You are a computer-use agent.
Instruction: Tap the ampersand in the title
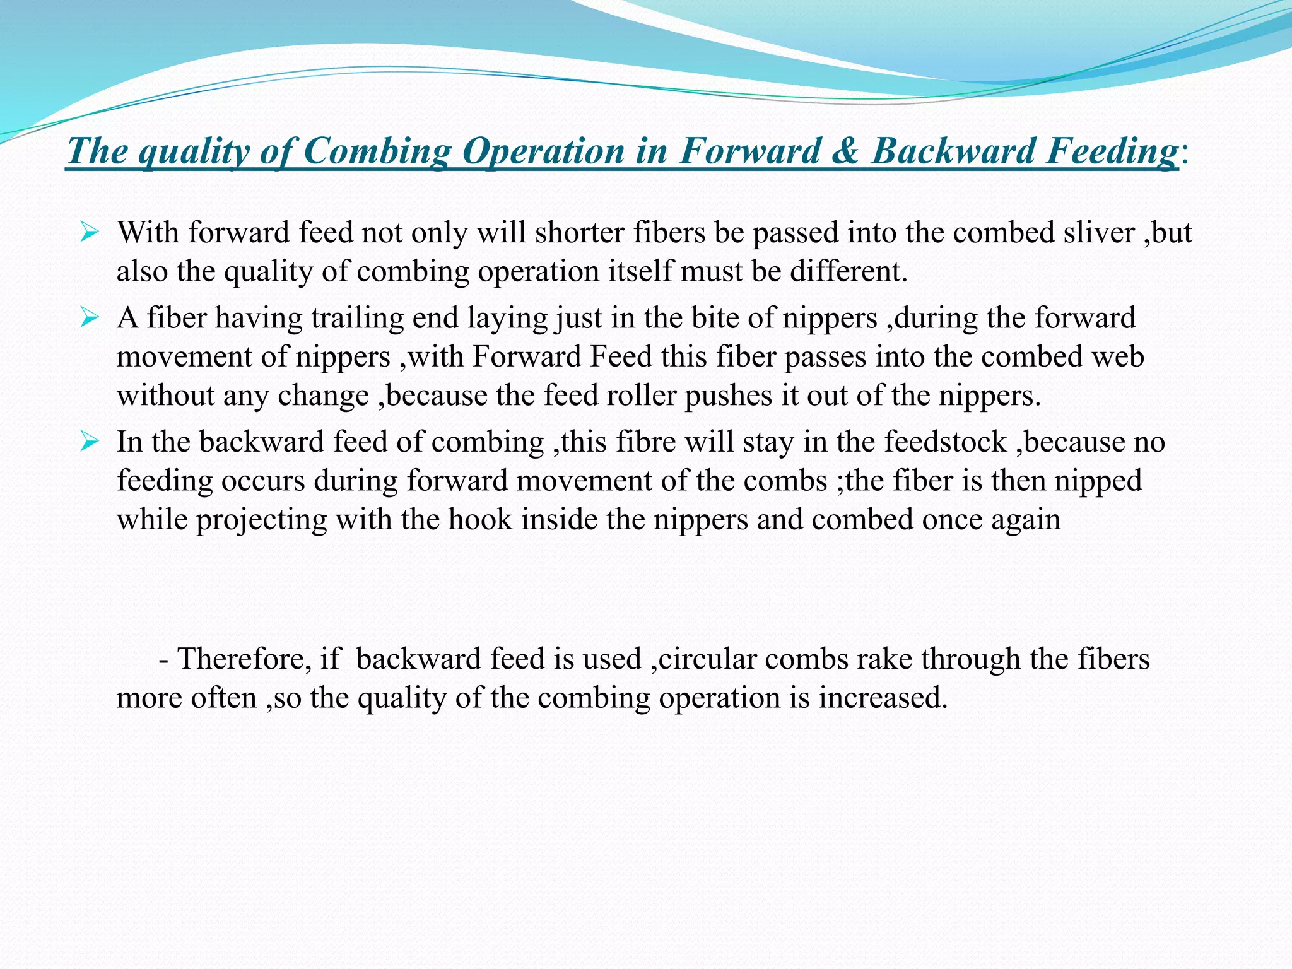[847, 151]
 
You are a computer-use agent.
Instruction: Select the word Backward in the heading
[953, 151]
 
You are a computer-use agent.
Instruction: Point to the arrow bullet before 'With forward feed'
[90, 234]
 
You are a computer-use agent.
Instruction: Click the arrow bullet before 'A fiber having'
[90, 319]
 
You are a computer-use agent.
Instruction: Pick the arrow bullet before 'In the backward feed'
[90, 442]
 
